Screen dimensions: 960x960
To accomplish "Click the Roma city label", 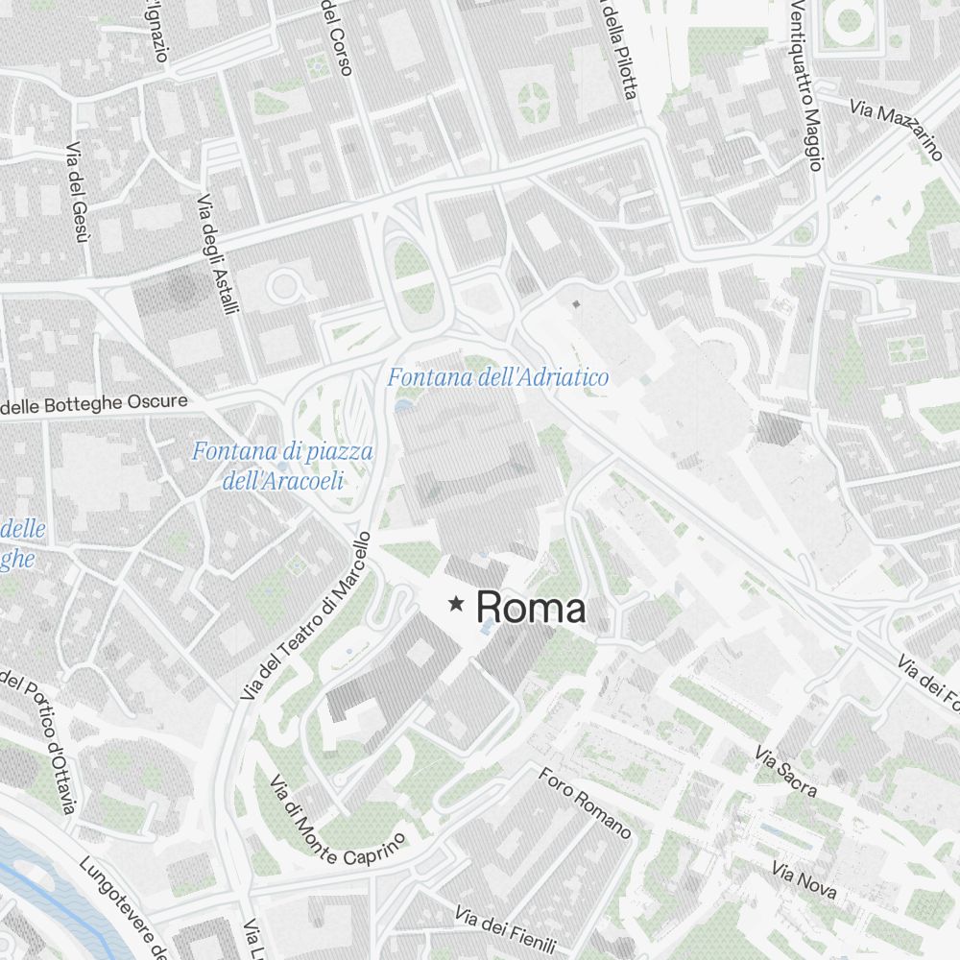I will tap(530, 608).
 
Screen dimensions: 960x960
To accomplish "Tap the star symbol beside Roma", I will tap(456, 604).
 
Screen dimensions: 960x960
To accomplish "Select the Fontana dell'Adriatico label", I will tap(497, 378).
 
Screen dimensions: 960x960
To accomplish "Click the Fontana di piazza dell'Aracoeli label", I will tap(282, 466).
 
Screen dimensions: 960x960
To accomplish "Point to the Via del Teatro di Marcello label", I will tap(306, 614).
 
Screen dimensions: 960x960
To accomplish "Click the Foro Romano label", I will tap(585, 803).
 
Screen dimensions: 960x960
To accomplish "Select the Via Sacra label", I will tap(786, 772).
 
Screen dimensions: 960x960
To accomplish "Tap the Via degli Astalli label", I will tap(218, 253).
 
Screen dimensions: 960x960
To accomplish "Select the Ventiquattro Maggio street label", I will tap(806, 84).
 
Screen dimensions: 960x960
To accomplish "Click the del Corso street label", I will tap(337, 36).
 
